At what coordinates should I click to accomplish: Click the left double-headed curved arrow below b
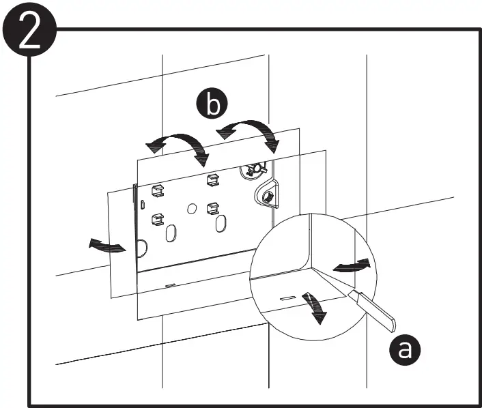pyautogui.click(x=179, y=145)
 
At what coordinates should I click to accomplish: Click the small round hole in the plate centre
pyautogui.click(x=192, y=206)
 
